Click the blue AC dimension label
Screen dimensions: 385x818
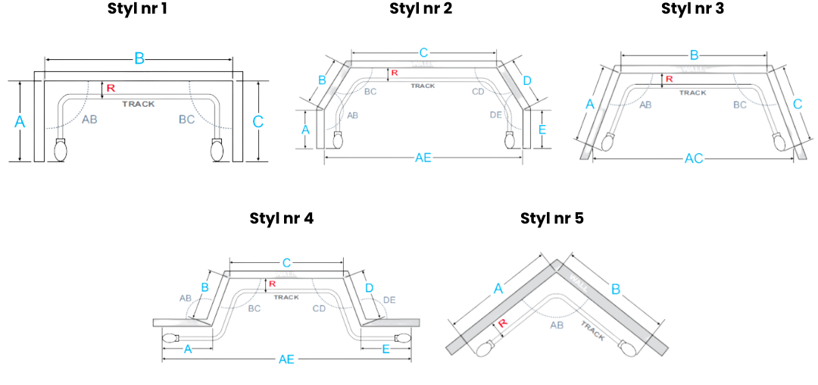(x=694, y=158)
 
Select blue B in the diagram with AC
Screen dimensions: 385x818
(x=694, y=55)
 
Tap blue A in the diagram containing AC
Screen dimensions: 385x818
(x=591, y=104)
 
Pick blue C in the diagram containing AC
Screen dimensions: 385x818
(x=797, y=104)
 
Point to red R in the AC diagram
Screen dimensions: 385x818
(x=669, y=79)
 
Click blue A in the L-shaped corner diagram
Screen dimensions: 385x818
(x=497, y=288)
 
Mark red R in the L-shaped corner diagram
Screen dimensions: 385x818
(x=502, y=324)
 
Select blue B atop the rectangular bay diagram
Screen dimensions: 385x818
(x=139, y=58)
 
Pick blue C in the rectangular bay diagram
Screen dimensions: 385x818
(x=258, y=121)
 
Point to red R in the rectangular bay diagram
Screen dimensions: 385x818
(x=111, y=88)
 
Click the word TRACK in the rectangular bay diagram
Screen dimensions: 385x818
(x=138, y=104)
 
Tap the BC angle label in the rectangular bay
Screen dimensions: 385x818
(x=186, y=120)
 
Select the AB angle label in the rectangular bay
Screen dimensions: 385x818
(x=89, y=120)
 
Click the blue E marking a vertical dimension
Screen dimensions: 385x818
(x=542, y=130)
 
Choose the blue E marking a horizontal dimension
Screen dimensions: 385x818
(x=386, y=349)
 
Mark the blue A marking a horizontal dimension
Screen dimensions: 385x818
(x=188, y=349)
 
